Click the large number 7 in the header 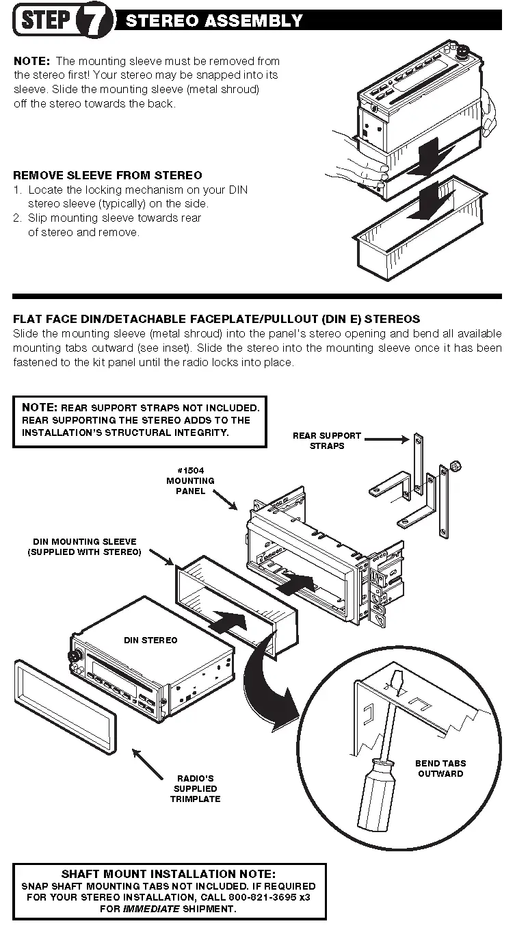(x=97, y=21)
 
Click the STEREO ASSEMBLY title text (x=213, y=21)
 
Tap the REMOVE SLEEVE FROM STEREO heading (x=107, y=175)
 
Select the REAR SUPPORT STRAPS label (x=326, y=440)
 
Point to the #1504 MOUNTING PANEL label (x=191, y=480)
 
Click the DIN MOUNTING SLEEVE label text (x=84, y=547)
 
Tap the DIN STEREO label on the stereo (x=150, y=640)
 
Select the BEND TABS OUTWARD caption (x=440, y=768)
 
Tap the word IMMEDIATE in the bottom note (x=151, y=909)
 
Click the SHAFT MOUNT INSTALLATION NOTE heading (x=169, y=874)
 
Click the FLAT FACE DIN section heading (x=217, y=319)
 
